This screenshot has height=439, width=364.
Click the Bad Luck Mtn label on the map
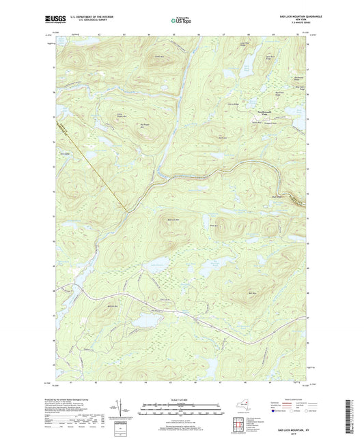click(173, 219)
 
